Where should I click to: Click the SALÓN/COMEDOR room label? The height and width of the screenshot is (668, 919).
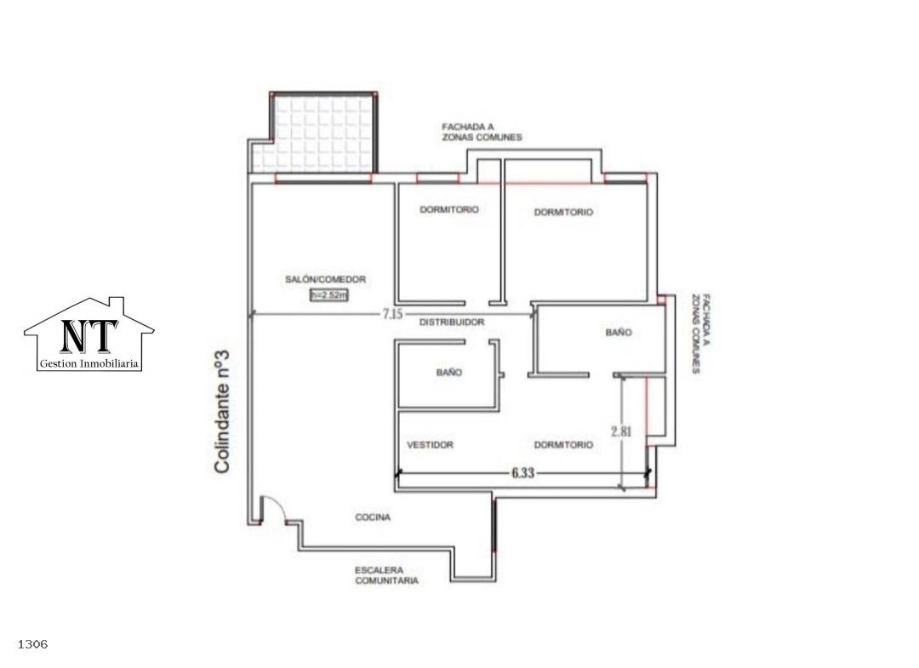click(325, 279)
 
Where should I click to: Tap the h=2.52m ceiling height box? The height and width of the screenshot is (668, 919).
click(328, 295)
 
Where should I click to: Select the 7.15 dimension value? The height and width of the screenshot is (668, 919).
click(392, 314)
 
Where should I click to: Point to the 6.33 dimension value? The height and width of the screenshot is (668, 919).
click(522, 472)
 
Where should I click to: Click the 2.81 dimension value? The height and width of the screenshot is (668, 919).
click(621, 431)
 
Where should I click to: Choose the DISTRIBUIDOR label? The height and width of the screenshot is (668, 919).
click(452, 323)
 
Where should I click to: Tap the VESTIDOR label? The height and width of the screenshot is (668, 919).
click(431, 445)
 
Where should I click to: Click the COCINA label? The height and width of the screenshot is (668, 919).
click(373, 517)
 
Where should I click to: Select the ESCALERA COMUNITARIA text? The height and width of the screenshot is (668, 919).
click(387, 575)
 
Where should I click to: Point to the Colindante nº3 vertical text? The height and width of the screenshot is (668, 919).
click(221, 411)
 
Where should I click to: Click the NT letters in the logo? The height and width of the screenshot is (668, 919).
click(88, 336)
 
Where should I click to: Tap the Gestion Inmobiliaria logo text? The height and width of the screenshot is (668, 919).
click(89, 364)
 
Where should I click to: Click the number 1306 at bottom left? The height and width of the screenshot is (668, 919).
click(33, 644)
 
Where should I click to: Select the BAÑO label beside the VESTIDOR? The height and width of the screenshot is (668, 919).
click(449, 372)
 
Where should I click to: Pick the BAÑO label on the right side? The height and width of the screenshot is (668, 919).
click(619, 332)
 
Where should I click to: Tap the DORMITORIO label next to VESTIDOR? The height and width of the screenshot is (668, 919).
click(563, 445)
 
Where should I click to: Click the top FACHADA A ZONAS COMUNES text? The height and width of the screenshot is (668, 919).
click(482, 132)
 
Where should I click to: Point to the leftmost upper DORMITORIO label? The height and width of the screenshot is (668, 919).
click(449, 209)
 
